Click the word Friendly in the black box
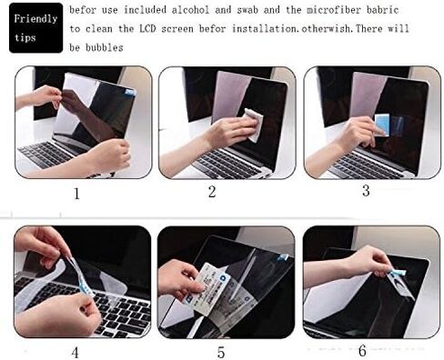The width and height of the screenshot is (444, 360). pyautogui.click(x=33, y=17)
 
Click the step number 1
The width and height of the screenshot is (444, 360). pyautogui.click(x=76, y=193)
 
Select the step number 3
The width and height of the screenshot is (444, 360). pyautogui.click(x=366, y=190)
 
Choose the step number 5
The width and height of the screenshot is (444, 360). pyautogui.click(x=219, y=351)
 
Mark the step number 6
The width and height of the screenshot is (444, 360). pyautogui.click(x=363, y=350)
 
